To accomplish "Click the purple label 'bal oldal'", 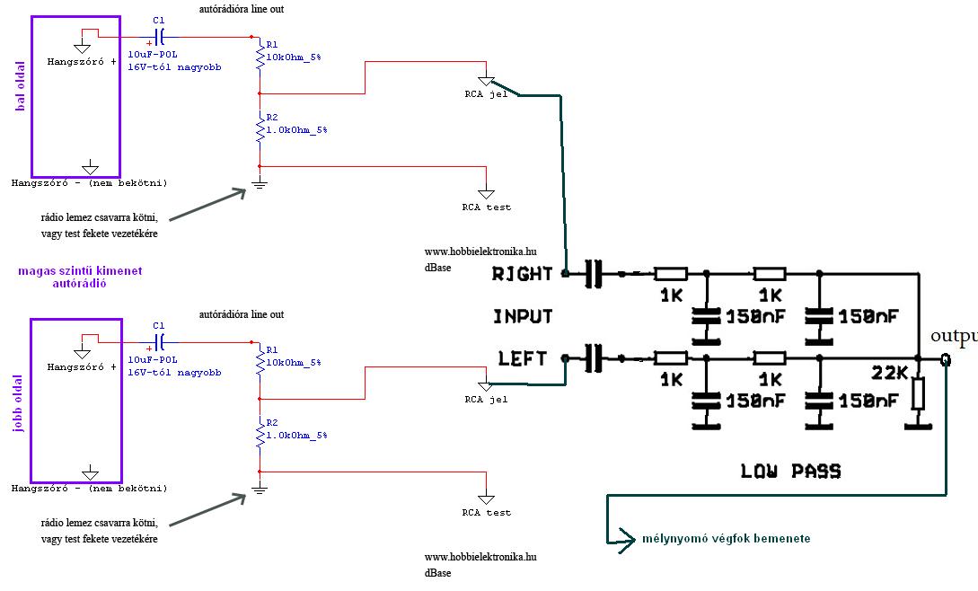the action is (x=21, y=86).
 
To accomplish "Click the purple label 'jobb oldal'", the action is (x=17, y=403).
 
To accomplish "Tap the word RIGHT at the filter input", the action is (x=522, y=274).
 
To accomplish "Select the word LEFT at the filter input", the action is (x=522, y=359).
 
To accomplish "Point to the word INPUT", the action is (x=523, y=316).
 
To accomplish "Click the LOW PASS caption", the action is (x=790, y=472).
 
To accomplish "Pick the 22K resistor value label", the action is (x=889, y=374).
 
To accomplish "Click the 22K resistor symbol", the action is (x=918, y=393).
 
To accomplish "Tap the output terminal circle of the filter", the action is (x=946, y=359).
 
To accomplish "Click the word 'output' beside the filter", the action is (x=954, y=337).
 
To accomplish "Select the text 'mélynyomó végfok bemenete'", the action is (x=726, y=539).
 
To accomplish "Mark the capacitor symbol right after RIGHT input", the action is (x=594, y=273).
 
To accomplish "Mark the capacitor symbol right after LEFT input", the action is (x=594, y=358).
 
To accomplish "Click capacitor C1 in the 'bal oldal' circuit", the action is (x=160, y=38).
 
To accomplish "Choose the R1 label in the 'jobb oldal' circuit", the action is (x=272, y=350).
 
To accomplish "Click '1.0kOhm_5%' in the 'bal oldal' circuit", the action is (x=297, y=130).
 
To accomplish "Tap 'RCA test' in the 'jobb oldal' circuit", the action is (x=487, y=513).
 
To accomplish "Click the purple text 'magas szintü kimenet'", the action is (x=80, y=271).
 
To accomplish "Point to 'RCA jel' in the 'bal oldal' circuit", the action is (x=487, y=94).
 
